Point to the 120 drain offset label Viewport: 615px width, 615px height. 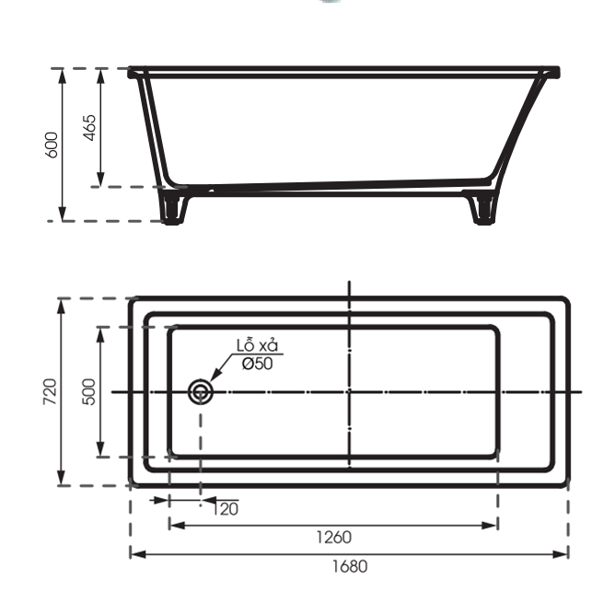click(x=226, y=508)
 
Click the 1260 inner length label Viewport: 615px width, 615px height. click(x=332, y=537)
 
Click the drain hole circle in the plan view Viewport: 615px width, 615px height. click(x=201, y=393)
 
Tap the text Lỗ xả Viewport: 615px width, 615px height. click(x=257, y=345)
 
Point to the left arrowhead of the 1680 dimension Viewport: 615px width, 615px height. click(x=134, y=553)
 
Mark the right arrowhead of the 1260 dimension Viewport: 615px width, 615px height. click(x=493, y=525)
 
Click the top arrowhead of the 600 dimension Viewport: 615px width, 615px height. click(x=63, y=74)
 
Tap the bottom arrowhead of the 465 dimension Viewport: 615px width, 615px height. click(x=101, y=181)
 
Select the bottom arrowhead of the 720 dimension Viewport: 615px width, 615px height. click(x=63, y=480)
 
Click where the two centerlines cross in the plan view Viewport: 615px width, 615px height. click(x=349, y=392)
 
